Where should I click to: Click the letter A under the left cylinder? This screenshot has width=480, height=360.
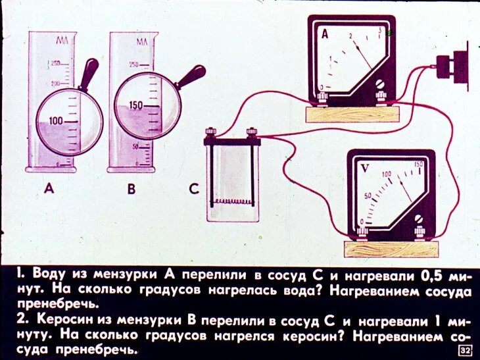click(x=49, y=190)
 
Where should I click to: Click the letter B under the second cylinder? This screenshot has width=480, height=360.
click(x=131, y=190)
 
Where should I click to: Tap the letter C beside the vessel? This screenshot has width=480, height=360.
click(x=193, y=190)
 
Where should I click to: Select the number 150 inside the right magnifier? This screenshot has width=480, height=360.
click(x=136, y=105)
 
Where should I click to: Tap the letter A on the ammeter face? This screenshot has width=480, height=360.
click(x=324, y=34)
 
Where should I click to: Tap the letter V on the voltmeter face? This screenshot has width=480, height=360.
click(x=365, y=168)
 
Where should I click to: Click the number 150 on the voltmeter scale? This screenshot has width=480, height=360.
click(x=418, y=164)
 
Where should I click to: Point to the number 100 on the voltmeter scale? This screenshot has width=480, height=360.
click(x=387, y=175)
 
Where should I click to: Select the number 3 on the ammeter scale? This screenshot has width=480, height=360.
click(x=380, y=30)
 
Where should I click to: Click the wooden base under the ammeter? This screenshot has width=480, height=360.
click(x=352, y=114)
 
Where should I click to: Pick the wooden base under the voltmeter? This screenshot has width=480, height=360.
click(x=391, y=249)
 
